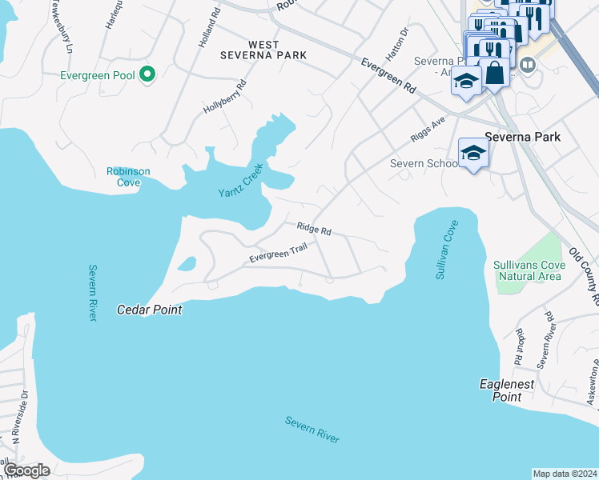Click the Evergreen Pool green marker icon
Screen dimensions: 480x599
[x=147, y=75]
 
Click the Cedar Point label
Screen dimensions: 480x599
[x=150, y=310]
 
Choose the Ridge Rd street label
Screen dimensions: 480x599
[x=314, y=230]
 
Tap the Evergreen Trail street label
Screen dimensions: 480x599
[x=278, y=254]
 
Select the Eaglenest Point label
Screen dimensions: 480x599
[x=507, y=390]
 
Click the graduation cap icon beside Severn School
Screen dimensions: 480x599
[x=473, y=153]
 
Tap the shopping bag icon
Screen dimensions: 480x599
[x=496, y=73]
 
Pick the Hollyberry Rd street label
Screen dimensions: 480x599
[x=224, y=98]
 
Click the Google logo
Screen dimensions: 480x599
[x=26, y=470]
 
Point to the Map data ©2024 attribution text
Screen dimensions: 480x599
[x=565, y=473]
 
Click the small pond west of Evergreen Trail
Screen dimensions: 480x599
[x=187, y=263]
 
